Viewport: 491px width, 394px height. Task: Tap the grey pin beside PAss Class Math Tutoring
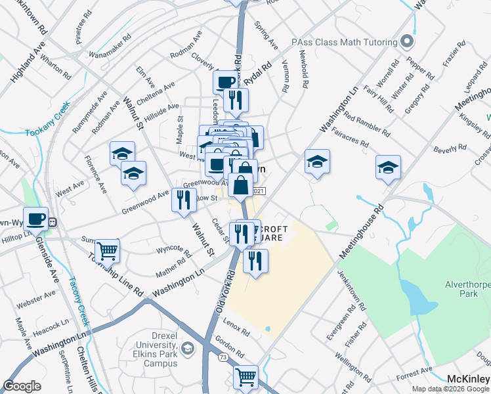click(407, 42)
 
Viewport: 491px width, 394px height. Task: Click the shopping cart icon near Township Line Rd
click(107, 250)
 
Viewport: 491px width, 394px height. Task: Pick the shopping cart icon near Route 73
click(245, 377)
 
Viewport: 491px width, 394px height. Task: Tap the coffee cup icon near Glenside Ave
click(36, 218)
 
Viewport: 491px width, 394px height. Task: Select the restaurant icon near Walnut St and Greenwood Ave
click(184, 198)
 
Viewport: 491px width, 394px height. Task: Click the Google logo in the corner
click(22, 386)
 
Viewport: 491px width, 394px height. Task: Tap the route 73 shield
click(223, 357)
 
